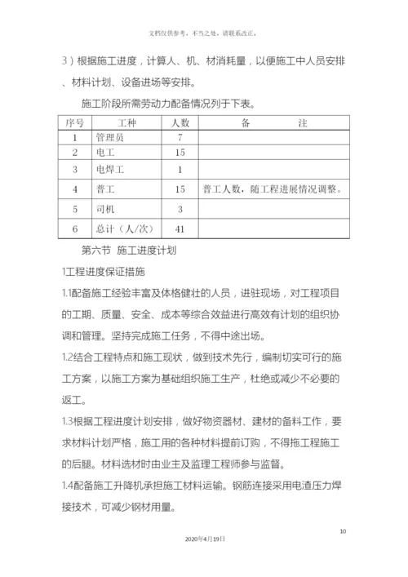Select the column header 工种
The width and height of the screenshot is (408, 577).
click(x=127, y=122)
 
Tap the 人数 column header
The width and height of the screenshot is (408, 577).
click(x=180, y=122)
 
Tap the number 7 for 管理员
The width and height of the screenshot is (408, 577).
click(x=180, y=137)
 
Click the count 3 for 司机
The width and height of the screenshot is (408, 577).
click(x=180, y=209)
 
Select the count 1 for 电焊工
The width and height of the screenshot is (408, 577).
click(x=180, y=169)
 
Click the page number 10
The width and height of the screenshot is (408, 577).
click(x=343, y=532)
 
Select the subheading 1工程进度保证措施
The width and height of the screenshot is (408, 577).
click(x=104, y=272)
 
